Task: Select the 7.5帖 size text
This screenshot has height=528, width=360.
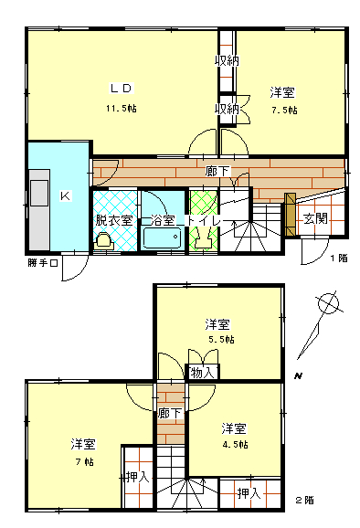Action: (x=283, y=110)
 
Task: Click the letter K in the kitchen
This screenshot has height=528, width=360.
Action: (x=65, y=195)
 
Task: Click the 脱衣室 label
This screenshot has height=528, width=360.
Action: (x=114, y=220)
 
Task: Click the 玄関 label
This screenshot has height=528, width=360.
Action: (x=315, y=218)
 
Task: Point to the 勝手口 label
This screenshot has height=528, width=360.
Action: (x=43, y=265)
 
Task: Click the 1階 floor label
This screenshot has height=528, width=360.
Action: (x=338, y=259)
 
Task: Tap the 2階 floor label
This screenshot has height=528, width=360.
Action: (x=304, y=500)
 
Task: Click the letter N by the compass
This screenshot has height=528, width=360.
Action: (x=298, y=376)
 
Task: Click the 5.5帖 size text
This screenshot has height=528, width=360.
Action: (x=218, y=339)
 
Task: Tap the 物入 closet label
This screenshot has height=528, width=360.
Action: (x=203, y=372)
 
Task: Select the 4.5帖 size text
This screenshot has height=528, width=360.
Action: (x=234, y=445)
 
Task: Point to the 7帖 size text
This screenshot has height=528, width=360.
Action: (x=83, y=462)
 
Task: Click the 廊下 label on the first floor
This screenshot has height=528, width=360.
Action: (x=217, y=171)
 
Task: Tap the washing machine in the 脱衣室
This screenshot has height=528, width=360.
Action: (x=103, y=241)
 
